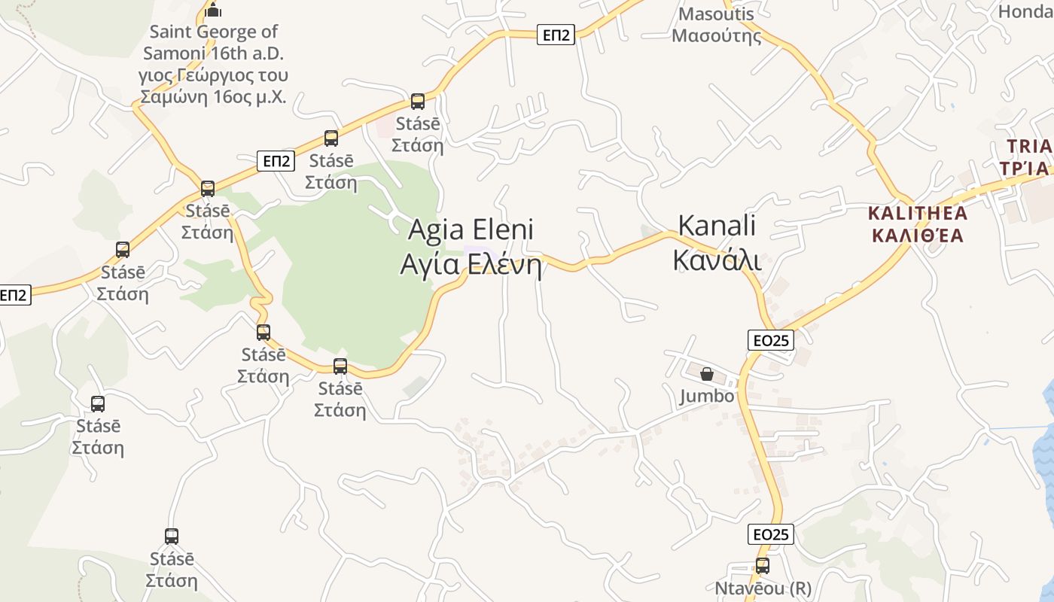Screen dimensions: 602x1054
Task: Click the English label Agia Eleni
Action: pos(471,230)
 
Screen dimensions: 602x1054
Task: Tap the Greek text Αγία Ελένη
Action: pos(471,264)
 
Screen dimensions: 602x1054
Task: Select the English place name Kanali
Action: pos(717,226)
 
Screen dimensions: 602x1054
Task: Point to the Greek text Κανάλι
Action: pos(717,260)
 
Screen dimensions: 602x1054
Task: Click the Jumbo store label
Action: pos(706,396)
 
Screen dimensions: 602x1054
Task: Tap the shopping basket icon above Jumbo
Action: pos(707,374)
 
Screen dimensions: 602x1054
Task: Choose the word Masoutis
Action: pos(716,14)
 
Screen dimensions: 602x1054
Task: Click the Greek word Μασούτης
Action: pos(716,35)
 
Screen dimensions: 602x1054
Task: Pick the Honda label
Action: pos(1025,11)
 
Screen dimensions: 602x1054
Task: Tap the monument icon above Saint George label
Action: pos(214,10)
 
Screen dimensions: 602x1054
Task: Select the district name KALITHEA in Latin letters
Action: pos(918,213)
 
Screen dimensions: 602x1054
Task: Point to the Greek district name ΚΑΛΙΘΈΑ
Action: pos(918,235)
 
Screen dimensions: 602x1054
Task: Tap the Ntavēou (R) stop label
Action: pos(763,588)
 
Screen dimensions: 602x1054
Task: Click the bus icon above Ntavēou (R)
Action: pos(763,566)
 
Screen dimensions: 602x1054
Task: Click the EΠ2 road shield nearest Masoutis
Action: pos(556,35)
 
